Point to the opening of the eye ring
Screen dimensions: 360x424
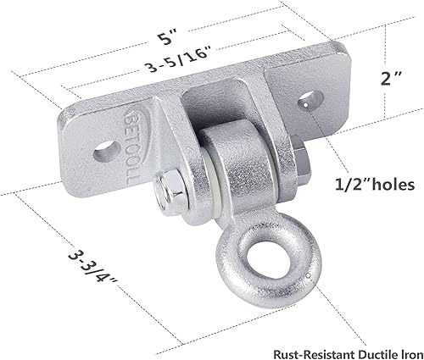pyautogui.click(x=251, y=271)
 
